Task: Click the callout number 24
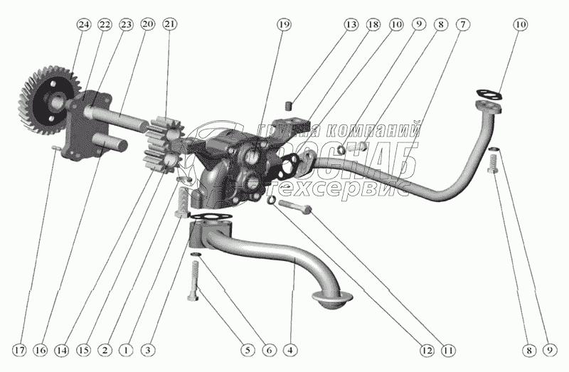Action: coord(84,24)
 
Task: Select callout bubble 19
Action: coord(284,24)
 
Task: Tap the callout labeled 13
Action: coord(350,24)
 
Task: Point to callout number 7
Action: coord(463,24)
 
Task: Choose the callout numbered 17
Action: coord(19,349)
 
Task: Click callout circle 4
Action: coord(289,349)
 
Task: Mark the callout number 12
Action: coord(426,349)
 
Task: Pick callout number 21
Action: coord(169,24)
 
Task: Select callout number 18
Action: coord(373,24)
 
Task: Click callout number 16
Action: coord(41,349)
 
